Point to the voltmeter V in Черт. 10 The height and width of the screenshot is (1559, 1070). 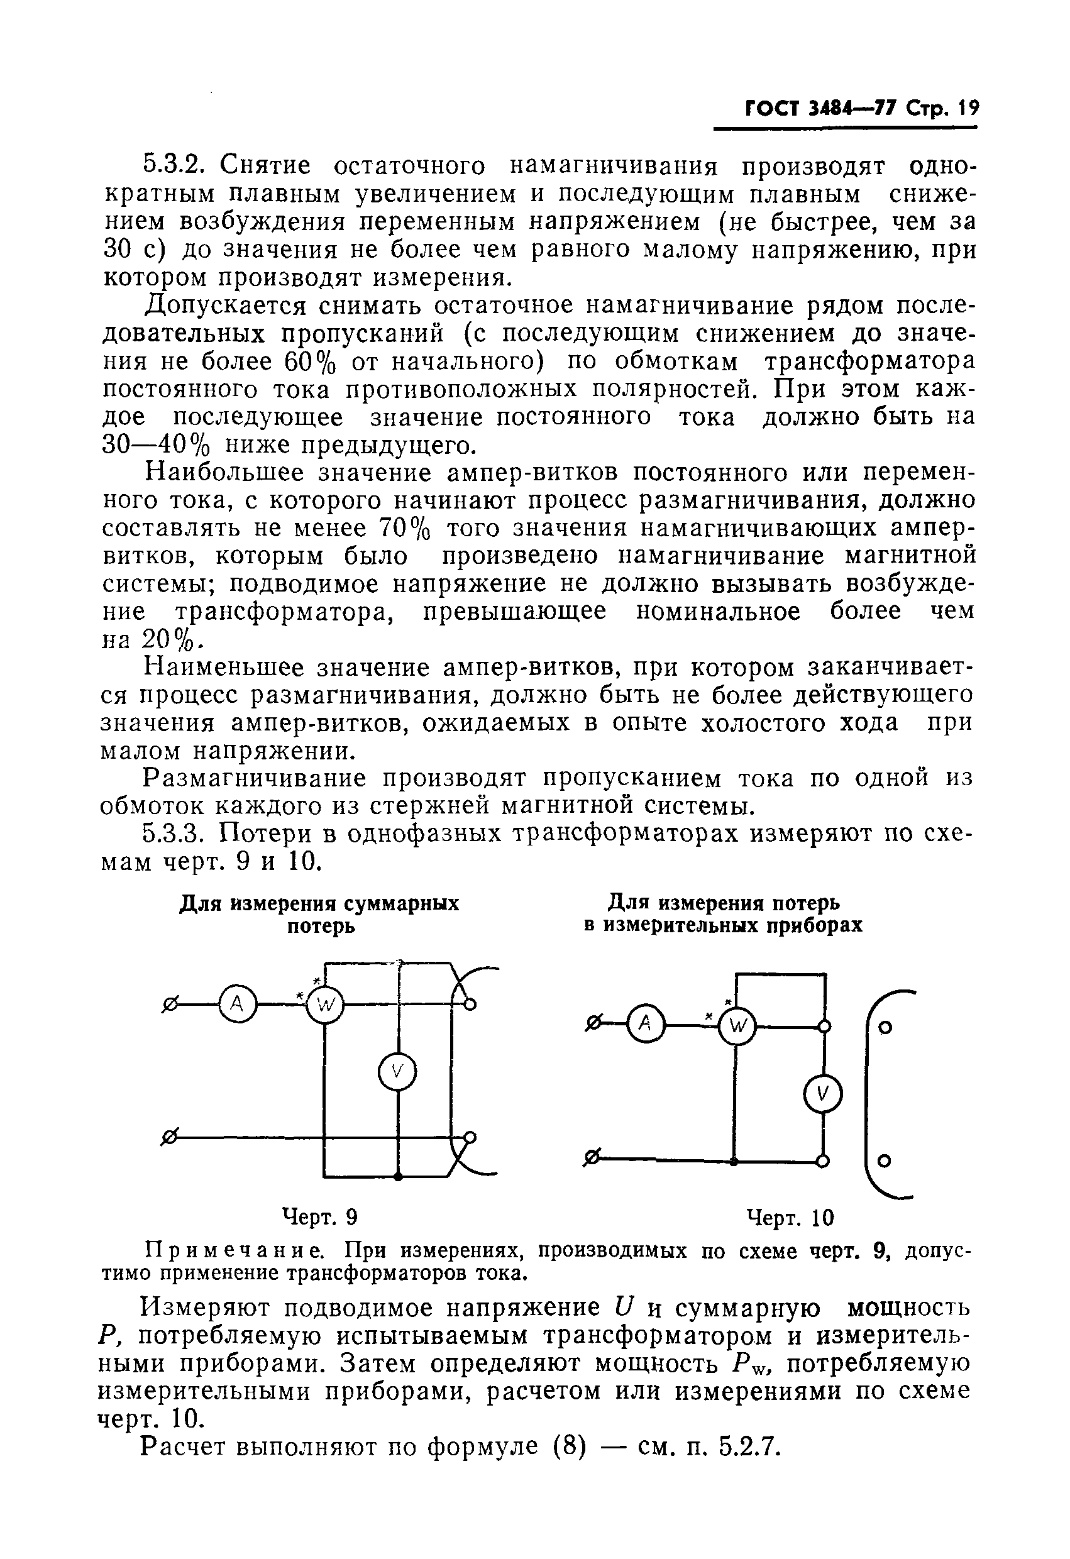pos(823,1096)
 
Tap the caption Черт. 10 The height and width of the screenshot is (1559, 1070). pos(790,1217)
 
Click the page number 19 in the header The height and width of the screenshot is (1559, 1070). pos(968,108)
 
